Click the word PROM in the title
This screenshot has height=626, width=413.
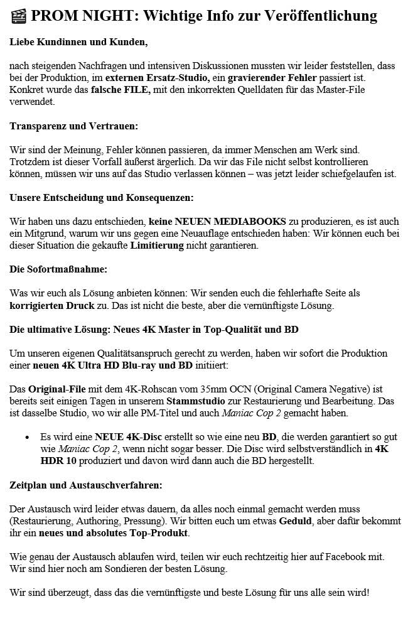pos(52,16)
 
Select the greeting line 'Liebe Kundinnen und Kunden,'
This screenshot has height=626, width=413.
pos(78,43)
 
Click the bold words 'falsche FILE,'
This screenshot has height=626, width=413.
pos(121,90)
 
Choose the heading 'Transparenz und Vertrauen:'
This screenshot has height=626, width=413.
pos(74,126)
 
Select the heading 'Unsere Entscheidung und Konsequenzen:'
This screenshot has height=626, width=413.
pos(102,198)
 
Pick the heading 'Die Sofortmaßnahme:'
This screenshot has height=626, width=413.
pos(58,269)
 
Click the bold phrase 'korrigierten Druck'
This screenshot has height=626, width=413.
pos(51,306)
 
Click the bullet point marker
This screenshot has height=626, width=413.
pos(27,437)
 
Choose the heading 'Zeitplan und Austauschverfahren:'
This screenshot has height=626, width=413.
pos(86,485)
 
